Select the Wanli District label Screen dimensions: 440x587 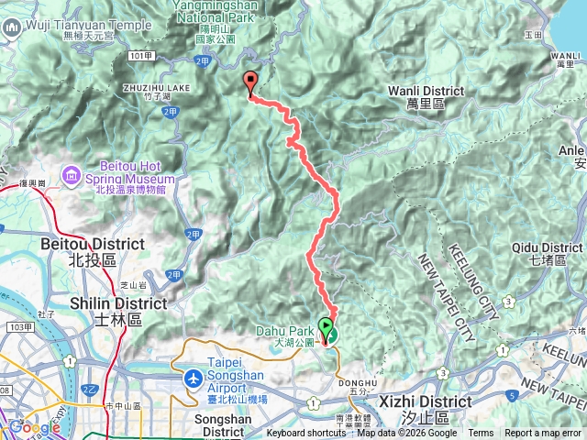coord(426,97)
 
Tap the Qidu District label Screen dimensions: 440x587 coord(548,254)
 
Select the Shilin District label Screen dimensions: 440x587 coord(118,310)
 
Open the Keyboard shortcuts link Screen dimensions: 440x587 coord(306,434)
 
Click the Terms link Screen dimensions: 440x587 coord(481,434)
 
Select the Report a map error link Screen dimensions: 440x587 coord(544,434)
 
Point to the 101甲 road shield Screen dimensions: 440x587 coord(140,56)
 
